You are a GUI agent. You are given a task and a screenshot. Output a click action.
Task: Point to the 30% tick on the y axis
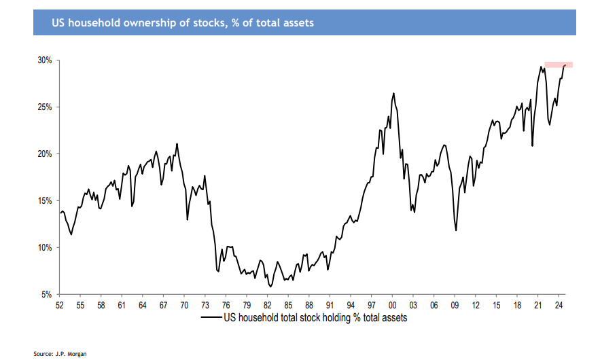tap(45, 60)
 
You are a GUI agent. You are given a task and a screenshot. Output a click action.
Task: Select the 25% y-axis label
tap(45, 107)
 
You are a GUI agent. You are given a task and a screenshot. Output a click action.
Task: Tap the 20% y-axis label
tap(45, 154)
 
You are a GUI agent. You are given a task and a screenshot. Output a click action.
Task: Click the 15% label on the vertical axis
tap(45, 201)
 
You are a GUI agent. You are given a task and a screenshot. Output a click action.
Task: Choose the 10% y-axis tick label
tap(45, 248)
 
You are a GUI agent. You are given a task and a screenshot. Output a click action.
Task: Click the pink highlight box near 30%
tap(559, 65)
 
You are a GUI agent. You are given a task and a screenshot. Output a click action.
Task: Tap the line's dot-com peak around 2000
tap(393, 94)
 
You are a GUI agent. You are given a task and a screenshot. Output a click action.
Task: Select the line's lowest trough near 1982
tap(270, 287)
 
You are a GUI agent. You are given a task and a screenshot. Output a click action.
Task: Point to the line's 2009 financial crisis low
tap(456, 230)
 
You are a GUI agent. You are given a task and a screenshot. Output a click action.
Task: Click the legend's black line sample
tap(211, 318)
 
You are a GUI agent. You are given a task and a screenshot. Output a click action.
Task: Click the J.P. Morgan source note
tap(60, 353)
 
